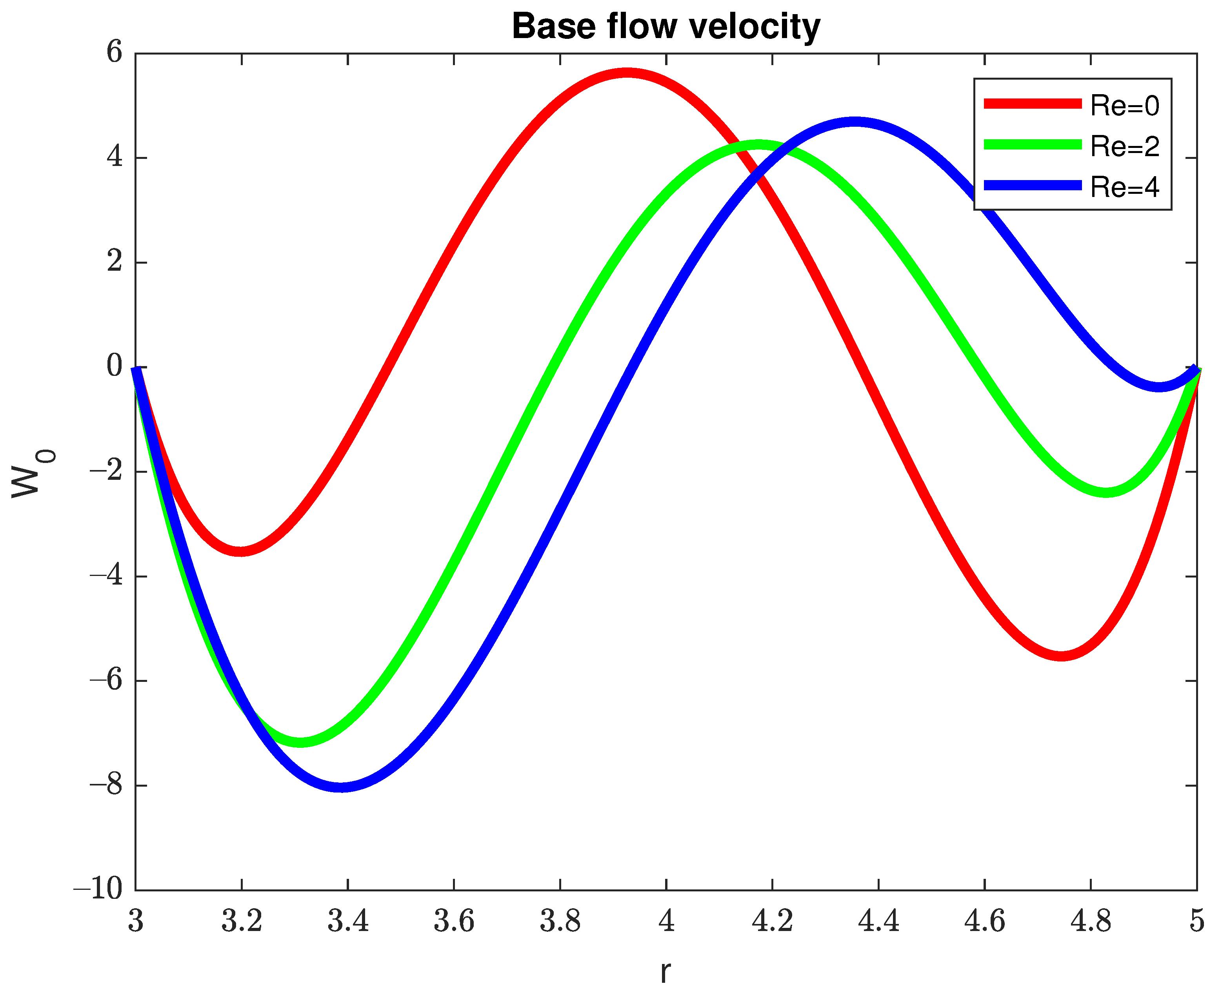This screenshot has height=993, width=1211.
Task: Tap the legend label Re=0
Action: coord(1124,105)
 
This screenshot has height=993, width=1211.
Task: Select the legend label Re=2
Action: coord(1124,146)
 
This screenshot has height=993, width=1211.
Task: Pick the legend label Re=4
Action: coord(1124,187)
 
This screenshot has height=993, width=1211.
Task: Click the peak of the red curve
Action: coord(627,73)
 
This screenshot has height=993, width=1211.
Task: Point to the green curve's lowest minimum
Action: coord(300,742)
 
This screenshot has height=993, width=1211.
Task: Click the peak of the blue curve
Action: coord(854,122)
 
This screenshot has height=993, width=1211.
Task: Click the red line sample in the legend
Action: coord(1032,104)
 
